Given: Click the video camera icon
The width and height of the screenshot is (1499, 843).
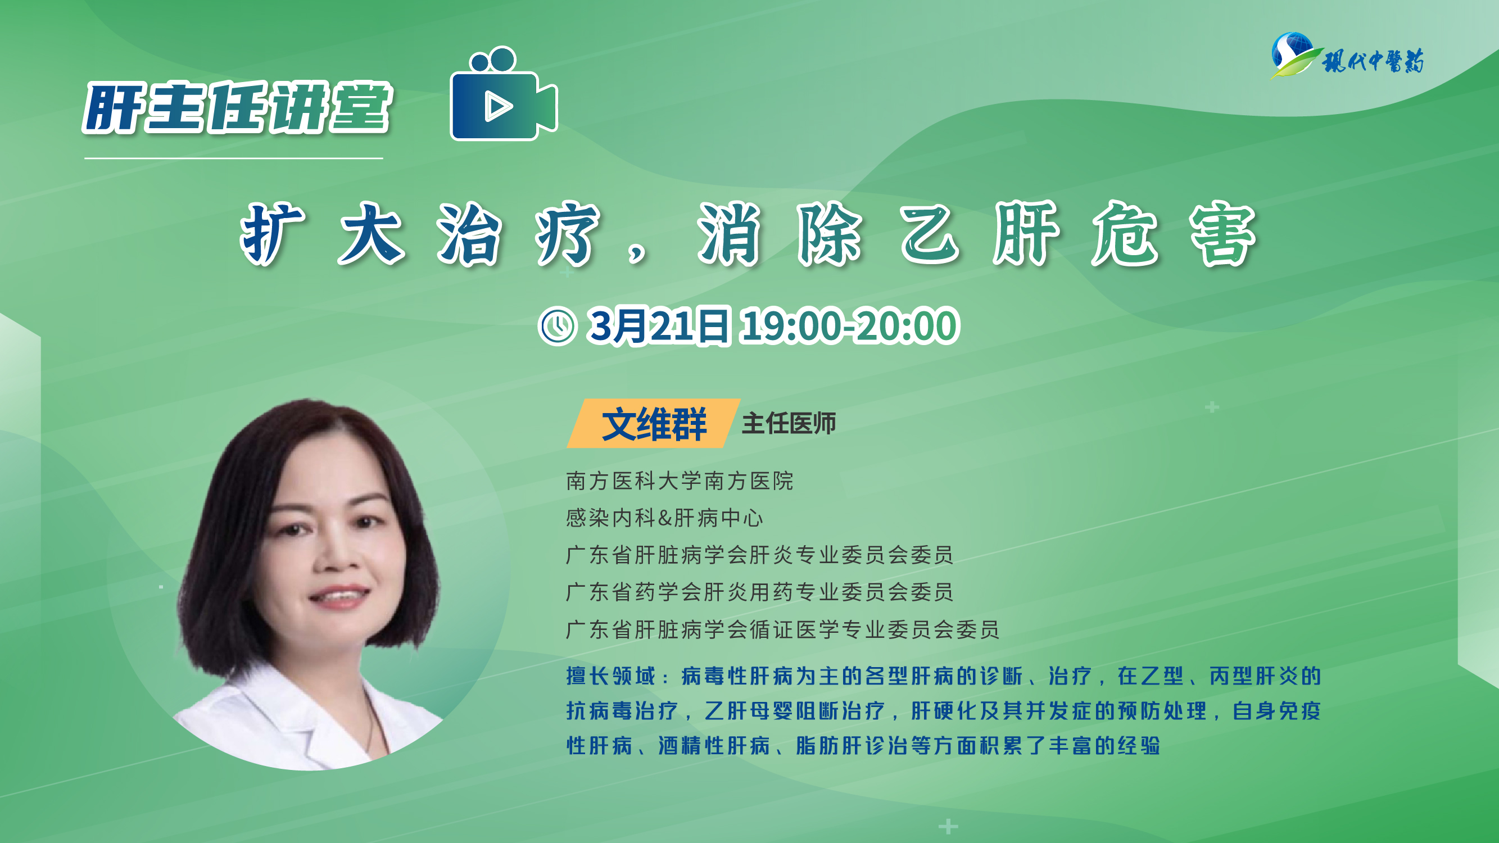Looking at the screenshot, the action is (x=504, y=94).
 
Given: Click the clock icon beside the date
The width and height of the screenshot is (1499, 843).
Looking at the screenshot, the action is (x=558, y=326).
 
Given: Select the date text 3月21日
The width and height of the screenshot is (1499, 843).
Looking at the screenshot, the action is (x=658, y=326).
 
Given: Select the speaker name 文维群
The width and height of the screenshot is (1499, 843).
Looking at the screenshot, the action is (x=654, y=424).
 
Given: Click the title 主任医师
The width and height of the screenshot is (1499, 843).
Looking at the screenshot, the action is (x=789, y=424).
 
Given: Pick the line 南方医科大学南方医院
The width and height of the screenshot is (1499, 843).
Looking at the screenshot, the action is (x=680, y=481).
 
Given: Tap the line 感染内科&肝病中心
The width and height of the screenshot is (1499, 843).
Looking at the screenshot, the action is (x=664, y=518).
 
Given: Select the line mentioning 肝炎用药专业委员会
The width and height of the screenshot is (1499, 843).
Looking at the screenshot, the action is (x=759, y=592).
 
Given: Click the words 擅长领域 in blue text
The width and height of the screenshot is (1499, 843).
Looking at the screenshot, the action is (x=611, y=676).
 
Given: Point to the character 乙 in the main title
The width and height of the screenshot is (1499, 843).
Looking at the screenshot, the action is (x=930, y=234).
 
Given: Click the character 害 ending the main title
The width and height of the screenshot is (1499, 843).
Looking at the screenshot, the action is (x=1223, y=234).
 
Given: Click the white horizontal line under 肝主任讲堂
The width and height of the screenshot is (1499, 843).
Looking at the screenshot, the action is (x=233, y=158).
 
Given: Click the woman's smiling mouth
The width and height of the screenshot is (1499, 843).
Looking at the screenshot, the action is (x=339, y=596).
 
